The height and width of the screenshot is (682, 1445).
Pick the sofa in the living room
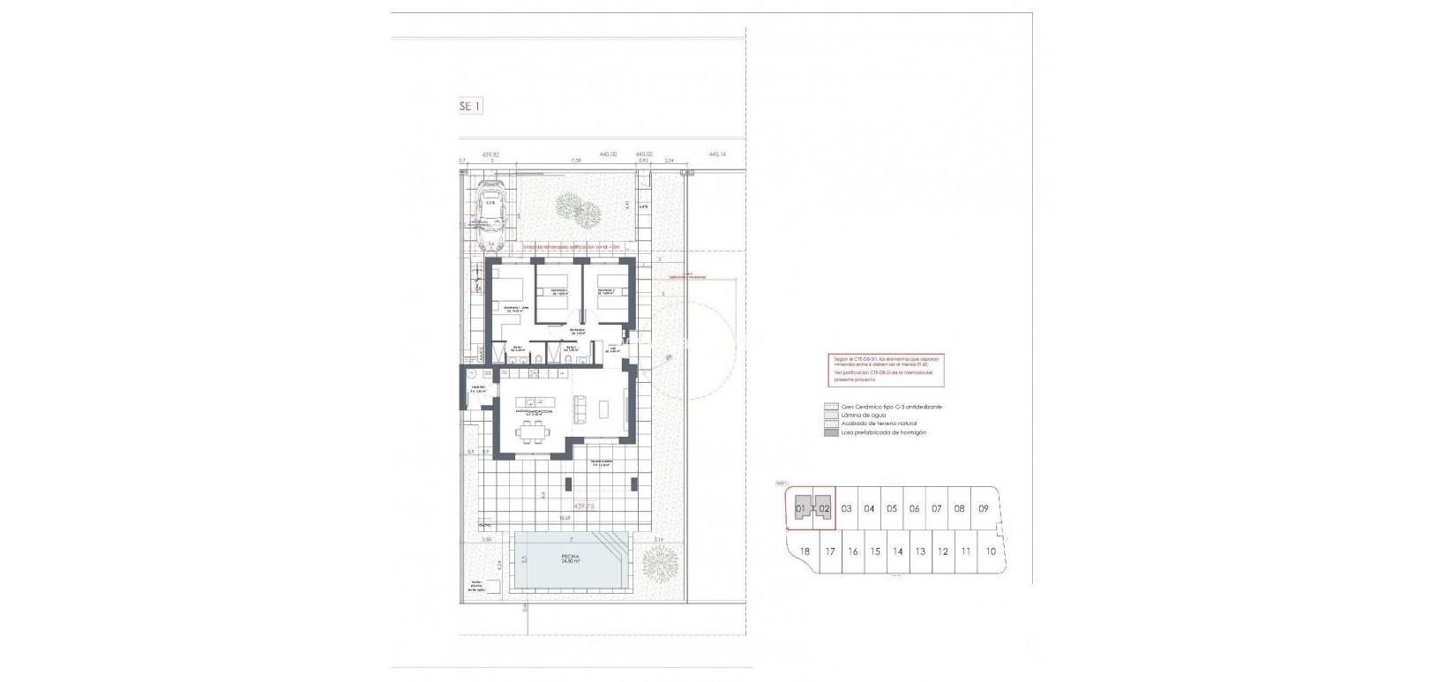pyautogui.click(x=581, y=408)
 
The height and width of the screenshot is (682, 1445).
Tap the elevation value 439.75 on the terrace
pyautogui.click(x=584, y=506)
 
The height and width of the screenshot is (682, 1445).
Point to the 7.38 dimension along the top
pyautogui.click(x=576, y=161)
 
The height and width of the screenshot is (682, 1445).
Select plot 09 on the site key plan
pyautogui.click(x=983, y=509)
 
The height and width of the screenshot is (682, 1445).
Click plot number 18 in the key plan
pyautogui.click(x=804, y=551)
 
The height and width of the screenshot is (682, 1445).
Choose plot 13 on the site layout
pyautogui.click(x=919, y=551)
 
